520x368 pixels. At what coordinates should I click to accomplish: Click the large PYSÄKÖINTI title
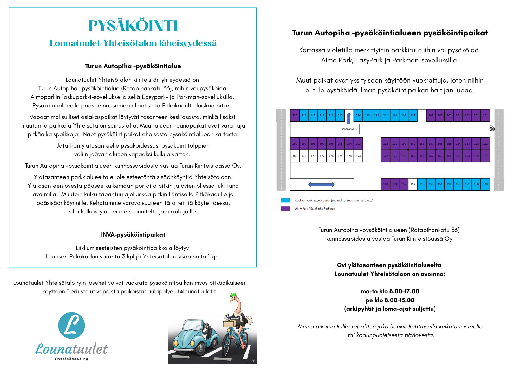coord(133,26)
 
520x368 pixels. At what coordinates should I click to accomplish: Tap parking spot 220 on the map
coord(295,115)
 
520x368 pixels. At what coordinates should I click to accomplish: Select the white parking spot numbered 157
coord(413,184)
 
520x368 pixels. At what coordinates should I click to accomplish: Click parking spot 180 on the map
coord(295,156)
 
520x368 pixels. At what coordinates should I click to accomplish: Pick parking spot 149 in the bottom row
coord(485,184)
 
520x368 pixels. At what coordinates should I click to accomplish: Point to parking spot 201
coord(485,115)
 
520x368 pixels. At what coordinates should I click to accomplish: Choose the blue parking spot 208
coord(413,115)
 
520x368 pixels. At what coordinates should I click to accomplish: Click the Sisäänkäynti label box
coord(349,129)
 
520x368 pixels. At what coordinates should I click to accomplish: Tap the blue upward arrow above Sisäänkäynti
coord(349,118)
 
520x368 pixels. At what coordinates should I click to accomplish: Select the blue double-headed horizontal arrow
coord(321,185)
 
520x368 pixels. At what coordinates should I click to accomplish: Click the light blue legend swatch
coord(285,200)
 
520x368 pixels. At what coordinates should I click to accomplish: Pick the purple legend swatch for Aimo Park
coord(285,208)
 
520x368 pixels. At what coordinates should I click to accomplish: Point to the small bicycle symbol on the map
coord(492,129)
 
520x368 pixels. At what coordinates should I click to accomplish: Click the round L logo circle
coord(71,325)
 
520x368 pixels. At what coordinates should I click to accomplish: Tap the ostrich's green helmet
coord(233,295)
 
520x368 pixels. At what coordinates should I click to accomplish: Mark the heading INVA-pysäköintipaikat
coord(133,235)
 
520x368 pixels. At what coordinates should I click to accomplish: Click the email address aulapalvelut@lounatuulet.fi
coord(182,291)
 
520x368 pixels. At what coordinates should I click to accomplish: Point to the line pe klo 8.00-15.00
coord(390,300)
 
